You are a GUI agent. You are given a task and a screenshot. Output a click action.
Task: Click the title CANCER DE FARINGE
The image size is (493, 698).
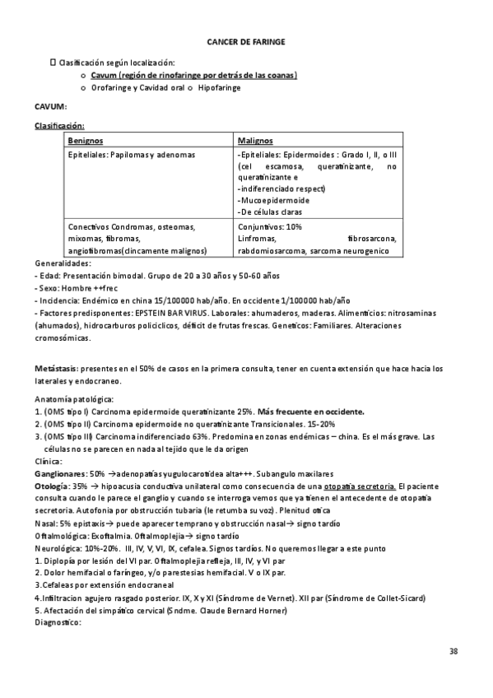(246, 41)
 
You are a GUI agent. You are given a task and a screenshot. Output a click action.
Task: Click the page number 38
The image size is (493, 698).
(453, 652)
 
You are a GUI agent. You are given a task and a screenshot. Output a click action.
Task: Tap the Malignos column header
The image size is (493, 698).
(254, 141)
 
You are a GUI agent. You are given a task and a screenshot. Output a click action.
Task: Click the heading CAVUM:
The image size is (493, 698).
(51, 107)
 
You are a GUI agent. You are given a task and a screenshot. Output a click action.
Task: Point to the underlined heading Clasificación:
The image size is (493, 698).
(58, 125)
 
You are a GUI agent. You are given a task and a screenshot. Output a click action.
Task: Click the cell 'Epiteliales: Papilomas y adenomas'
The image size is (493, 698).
(132, 154)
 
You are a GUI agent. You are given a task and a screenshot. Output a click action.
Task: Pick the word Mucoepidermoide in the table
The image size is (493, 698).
(273, 200)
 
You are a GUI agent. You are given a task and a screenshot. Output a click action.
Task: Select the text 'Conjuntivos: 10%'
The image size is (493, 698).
(269, 226)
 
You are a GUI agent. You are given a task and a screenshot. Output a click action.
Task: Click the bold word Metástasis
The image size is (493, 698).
(55, 368)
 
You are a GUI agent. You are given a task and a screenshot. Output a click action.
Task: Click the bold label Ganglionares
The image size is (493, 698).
(60, 474)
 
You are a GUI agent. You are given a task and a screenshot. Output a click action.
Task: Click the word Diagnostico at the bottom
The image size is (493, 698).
(58, 622)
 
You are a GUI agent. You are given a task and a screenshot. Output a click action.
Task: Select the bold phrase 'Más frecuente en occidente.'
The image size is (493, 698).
(311, 411)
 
